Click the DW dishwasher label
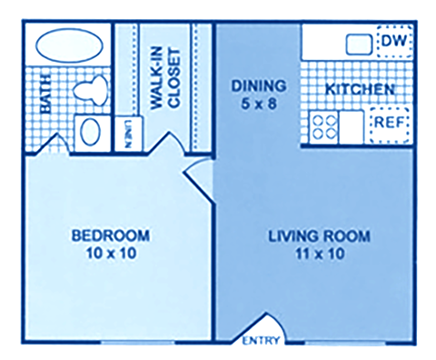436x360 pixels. point(391,41)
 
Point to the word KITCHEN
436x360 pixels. point(360,90)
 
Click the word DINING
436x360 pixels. point(258,86)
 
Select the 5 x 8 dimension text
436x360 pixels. point(258,103)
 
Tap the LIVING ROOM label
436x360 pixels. point(320,236)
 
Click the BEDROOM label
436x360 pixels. point(110,236)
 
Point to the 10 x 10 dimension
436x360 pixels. point(110,254)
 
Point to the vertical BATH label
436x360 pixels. point(46,95)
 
